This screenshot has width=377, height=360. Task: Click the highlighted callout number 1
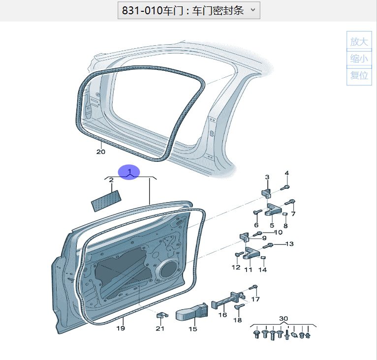(129, 172)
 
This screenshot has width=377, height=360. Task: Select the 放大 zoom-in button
(359, 42)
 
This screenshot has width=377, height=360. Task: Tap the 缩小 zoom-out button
(359, 59)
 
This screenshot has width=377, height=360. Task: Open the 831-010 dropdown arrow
(253, 10)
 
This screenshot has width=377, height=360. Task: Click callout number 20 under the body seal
(100, 152)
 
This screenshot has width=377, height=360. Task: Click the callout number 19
(121, 328)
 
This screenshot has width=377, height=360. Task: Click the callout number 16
(222, 315)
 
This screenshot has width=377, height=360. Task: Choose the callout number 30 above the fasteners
(283, 319)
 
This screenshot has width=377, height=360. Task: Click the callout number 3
(267, 177)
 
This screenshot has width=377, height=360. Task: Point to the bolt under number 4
(286, 187)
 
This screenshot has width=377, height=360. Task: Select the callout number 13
(289, 244)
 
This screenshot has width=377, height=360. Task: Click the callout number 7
(293, 214)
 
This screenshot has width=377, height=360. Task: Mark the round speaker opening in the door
(168, 269)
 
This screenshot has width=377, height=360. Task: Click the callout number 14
(263, 270)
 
